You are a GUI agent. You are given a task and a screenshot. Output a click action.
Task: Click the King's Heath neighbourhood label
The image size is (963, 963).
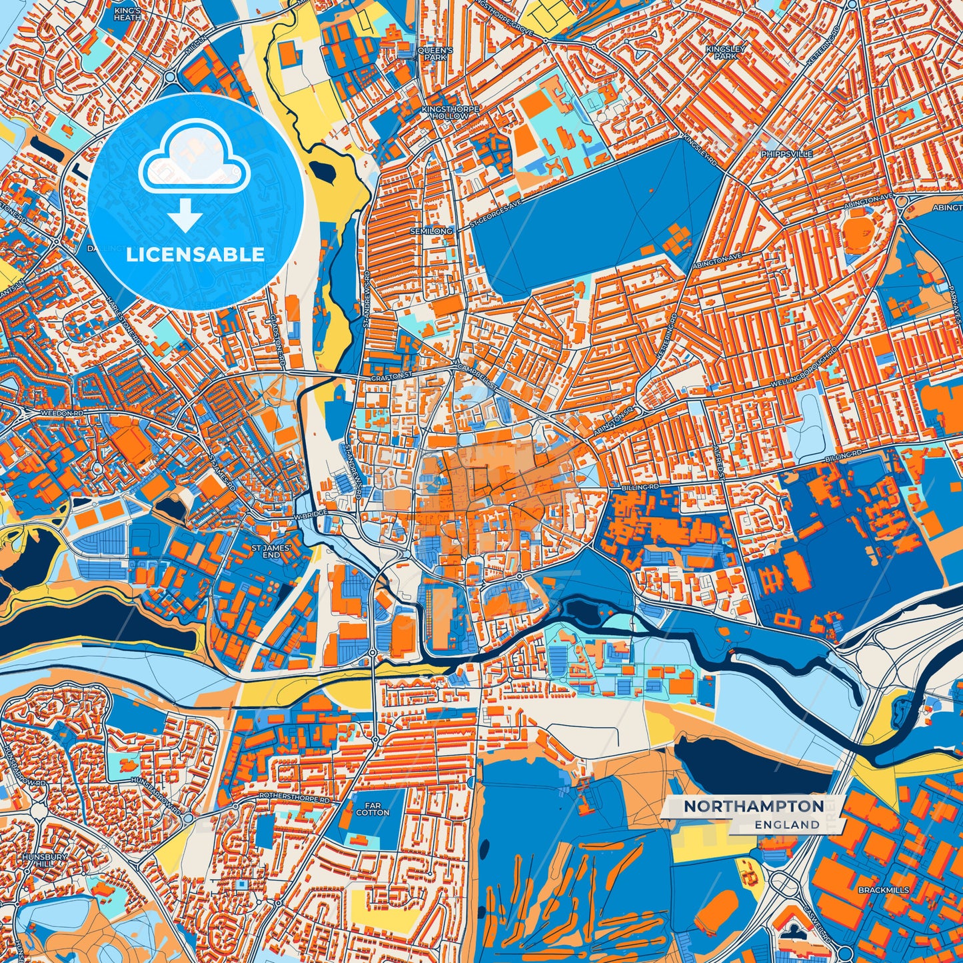pos(127,14)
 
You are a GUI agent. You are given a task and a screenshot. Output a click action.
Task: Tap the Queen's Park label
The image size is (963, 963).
pos(435,54)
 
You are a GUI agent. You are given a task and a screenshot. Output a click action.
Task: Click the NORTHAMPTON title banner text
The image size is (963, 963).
pos(753,806)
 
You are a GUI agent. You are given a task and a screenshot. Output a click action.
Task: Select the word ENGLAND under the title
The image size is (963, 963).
pos(787,824)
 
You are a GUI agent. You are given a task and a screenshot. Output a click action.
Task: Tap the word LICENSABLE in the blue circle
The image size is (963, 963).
pos(195,255)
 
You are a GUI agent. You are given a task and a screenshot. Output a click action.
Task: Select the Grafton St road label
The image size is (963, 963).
pos(389,377)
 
